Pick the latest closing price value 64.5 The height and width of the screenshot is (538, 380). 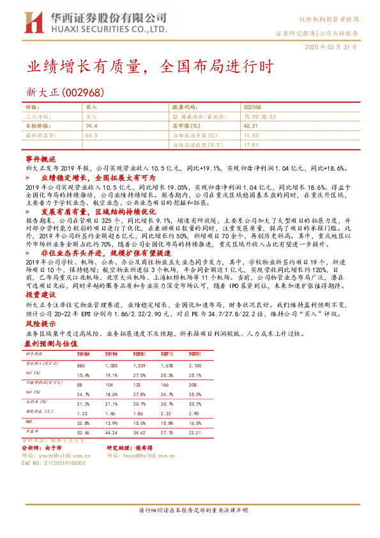91,136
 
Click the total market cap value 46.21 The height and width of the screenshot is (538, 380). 251,127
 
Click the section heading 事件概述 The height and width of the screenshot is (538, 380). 41,158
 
